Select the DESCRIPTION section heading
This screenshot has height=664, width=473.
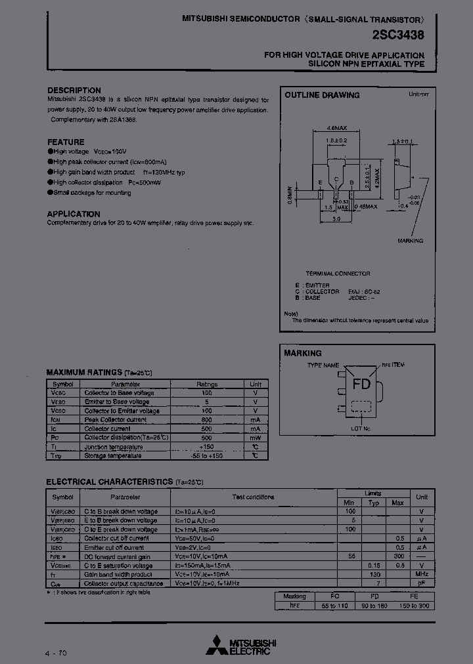(74, 91)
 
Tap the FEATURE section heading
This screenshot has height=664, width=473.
(66, 142)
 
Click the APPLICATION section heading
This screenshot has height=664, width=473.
(74, 214)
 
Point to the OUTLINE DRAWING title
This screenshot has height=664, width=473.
(322, 95)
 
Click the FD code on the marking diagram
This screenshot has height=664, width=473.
(361, 384)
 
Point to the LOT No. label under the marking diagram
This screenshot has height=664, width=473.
(361, 428)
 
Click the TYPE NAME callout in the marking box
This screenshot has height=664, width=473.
(323, 365)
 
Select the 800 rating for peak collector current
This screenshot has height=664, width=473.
(206, 419)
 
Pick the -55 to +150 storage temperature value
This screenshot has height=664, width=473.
(206, 455)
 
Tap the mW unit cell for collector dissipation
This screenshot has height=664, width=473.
(255, 437)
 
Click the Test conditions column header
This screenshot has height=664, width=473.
(254, 497)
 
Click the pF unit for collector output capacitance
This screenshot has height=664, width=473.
(422, 583)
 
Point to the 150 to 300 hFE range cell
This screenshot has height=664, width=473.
(413, 606)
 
